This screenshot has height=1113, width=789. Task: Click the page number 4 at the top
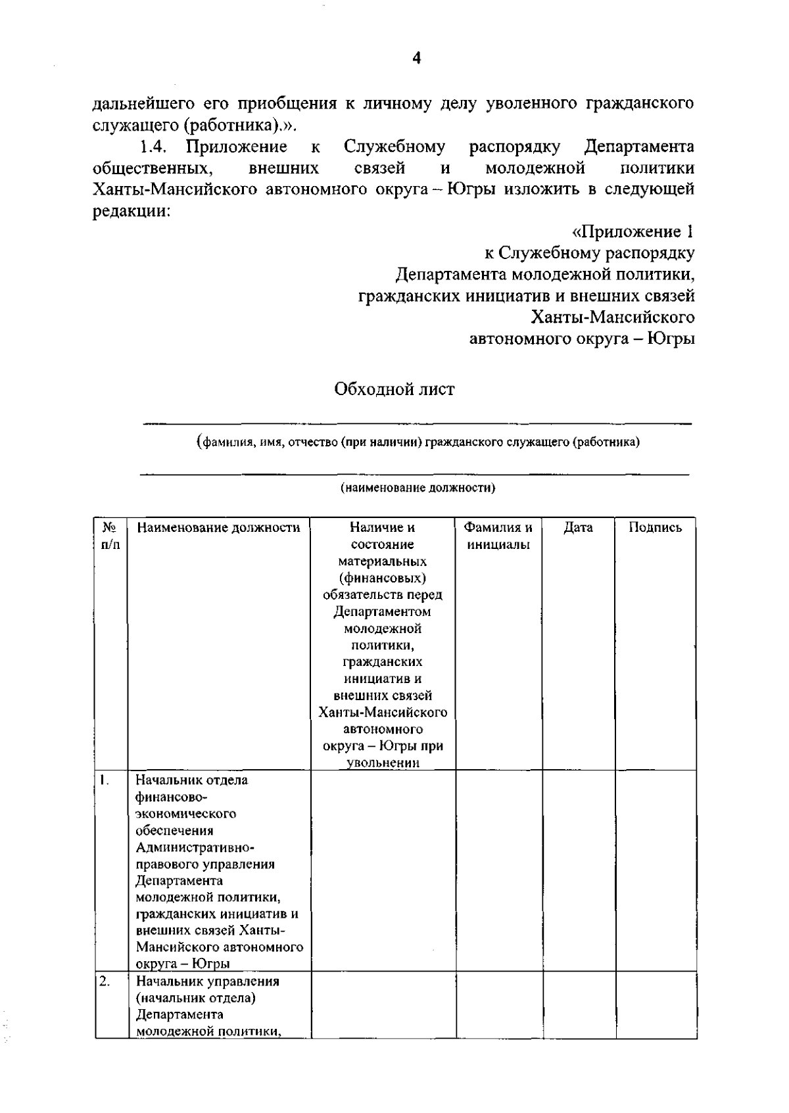click(416, 59)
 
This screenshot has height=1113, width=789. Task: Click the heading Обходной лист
click(394, 389)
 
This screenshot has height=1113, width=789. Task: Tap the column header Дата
click(578, 527)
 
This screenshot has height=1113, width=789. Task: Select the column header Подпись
click(655, 527)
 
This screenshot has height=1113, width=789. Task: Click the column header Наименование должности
click(218, 527)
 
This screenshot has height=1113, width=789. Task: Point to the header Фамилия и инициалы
click(498, 536)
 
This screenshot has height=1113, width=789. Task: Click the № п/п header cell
click(110, 536)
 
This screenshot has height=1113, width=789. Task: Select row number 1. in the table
click(105, 780)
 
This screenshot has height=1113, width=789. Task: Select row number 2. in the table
click(105, 981)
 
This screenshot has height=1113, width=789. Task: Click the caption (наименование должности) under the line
click(418, 488)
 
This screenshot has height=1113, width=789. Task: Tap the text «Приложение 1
click(633, 232)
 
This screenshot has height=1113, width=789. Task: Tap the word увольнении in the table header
click(383, 763)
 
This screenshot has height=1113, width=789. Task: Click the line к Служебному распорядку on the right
click(589, 253)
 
